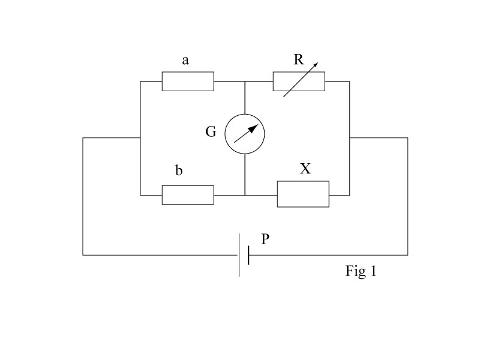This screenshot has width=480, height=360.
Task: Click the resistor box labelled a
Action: click(188, 82)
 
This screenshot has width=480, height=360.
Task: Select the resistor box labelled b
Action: click(188, 195)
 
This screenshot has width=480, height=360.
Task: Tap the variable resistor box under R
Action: click(299, 82)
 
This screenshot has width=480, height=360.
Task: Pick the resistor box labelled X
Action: click(303, 194)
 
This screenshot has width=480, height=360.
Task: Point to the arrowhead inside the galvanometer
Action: click(253, 128)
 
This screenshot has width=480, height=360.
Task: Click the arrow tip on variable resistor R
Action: click(318, 63)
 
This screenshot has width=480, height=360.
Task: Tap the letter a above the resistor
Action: click(185, 61)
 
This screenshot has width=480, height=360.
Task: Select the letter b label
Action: click(179, 170)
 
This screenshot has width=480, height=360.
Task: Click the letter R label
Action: click(299, 59)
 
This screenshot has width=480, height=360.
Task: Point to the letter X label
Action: click(305, 169)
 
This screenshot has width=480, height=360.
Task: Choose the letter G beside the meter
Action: click(211, 131)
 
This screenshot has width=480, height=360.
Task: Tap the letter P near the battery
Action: click(265, 239)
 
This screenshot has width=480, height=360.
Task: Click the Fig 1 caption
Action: click(361, 271)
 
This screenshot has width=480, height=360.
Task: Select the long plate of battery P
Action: click(239, 255)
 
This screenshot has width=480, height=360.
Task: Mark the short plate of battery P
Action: click(248, 255)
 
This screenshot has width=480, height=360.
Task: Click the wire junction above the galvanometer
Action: click(245, 82)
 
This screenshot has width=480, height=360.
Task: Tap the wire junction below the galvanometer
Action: click(245, 196)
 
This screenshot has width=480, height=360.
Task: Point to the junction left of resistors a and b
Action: click(140, 138)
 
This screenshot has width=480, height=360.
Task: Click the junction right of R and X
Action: click(350, 138)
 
